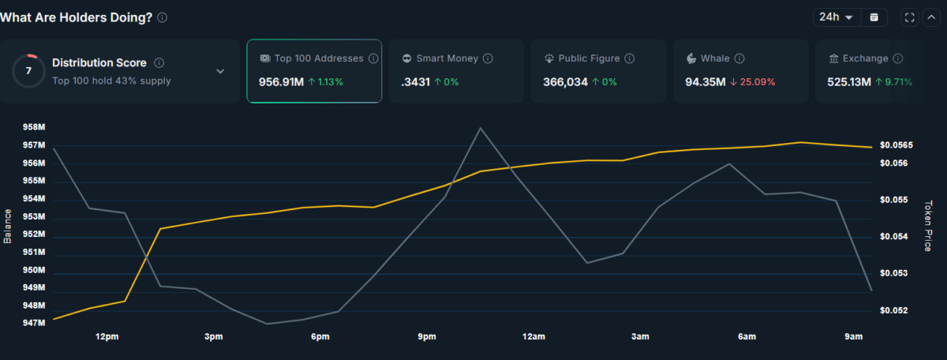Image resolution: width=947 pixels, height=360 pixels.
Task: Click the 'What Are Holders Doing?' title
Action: pos(77,17)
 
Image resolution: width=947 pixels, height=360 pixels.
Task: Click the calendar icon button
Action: pos(874,17)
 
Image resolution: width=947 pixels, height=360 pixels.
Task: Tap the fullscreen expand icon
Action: pos(909,17)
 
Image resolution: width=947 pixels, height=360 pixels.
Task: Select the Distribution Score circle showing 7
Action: pos(28,71)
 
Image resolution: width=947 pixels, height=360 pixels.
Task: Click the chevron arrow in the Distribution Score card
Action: pos(220,71)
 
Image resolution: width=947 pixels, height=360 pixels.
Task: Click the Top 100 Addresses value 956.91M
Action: pos(280,81)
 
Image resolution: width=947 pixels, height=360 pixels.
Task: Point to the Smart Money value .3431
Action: pos(415,81)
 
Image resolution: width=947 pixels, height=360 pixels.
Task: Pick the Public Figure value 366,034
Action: pos(565,81)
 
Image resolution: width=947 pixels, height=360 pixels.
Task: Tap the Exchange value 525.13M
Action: pos(848,81)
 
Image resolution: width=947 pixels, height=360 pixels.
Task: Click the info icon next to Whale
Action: pos(739,58)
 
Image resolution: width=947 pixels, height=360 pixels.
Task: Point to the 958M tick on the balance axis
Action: pos(34,128)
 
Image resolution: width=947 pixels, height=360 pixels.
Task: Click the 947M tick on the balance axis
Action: pos(34,323)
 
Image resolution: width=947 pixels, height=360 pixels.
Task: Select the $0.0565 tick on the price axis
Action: pos(896,145)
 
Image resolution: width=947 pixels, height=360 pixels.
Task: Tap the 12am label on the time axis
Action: pos(533,337)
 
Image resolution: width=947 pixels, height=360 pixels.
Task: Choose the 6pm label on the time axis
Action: pos(320,337)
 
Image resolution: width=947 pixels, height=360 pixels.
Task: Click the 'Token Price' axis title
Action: pos(928,226)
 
